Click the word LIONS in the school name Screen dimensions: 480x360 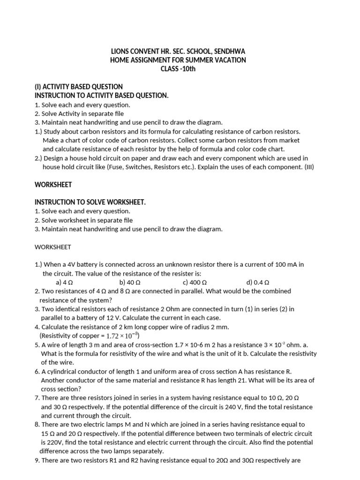pyautogui.click(x=120, y=51)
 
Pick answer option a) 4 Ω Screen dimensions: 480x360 pyautogui.click(x=64, y=283)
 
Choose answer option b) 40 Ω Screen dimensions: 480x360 pyautogui.click(x=130, y=283)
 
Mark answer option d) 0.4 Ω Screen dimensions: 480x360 pyautogui.click(x=258, y=283)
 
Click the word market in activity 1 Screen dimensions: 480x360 pyautogui.click(x=289, y=141)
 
